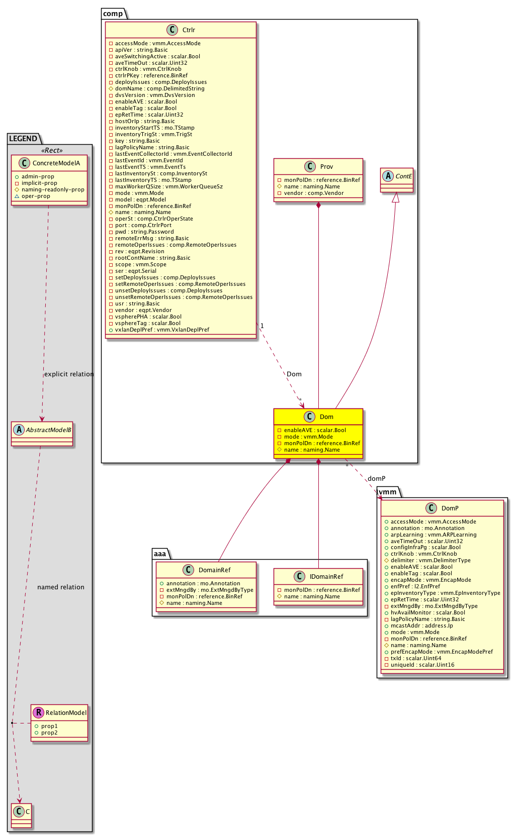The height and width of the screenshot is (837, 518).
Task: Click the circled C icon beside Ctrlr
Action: pos(172,30)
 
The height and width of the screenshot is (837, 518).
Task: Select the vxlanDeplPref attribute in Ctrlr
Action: pos(162,330)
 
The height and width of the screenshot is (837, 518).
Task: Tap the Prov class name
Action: pos(326,167)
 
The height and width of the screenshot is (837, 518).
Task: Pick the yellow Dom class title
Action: pos(326,417)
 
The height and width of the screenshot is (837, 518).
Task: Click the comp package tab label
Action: pos(113,14)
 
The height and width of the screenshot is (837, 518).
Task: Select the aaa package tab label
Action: pos(160,554)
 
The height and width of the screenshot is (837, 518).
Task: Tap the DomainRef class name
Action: pos(214,570)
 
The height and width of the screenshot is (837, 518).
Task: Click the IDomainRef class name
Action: pos(326,577)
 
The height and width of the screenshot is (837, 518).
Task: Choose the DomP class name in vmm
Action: pos(450,508)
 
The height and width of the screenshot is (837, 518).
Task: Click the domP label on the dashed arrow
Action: pos(376,479)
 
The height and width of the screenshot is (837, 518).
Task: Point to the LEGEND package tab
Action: pos(23,139)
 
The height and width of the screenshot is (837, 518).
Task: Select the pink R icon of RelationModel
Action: pos(38,712)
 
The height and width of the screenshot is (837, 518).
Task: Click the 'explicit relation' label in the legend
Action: pos(69,374)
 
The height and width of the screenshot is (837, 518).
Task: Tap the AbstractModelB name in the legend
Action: pos(48,430)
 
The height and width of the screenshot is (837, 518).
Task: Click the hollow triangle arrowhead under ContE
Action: pos(396,197)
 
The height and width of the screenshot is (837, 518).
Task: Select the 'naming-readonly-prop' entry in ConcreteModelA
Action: pos(53,190)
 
